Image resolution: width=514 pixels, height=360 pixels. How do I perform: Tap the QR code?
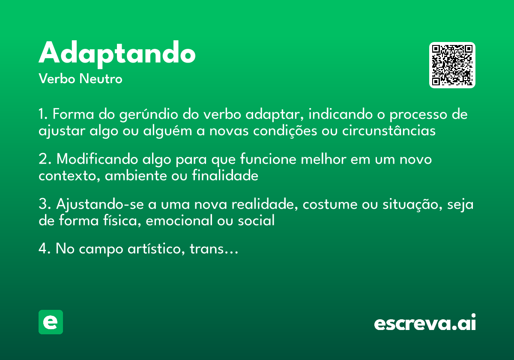[452, 65]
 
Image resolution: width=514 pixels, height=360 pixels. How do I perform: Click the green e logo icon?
[51, 322]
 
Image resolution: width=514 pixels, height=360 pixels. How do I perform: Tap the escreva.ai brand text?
[425, 323]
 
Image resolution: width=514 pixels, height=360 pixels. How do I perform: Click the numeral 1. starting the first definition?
[43, 115]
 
